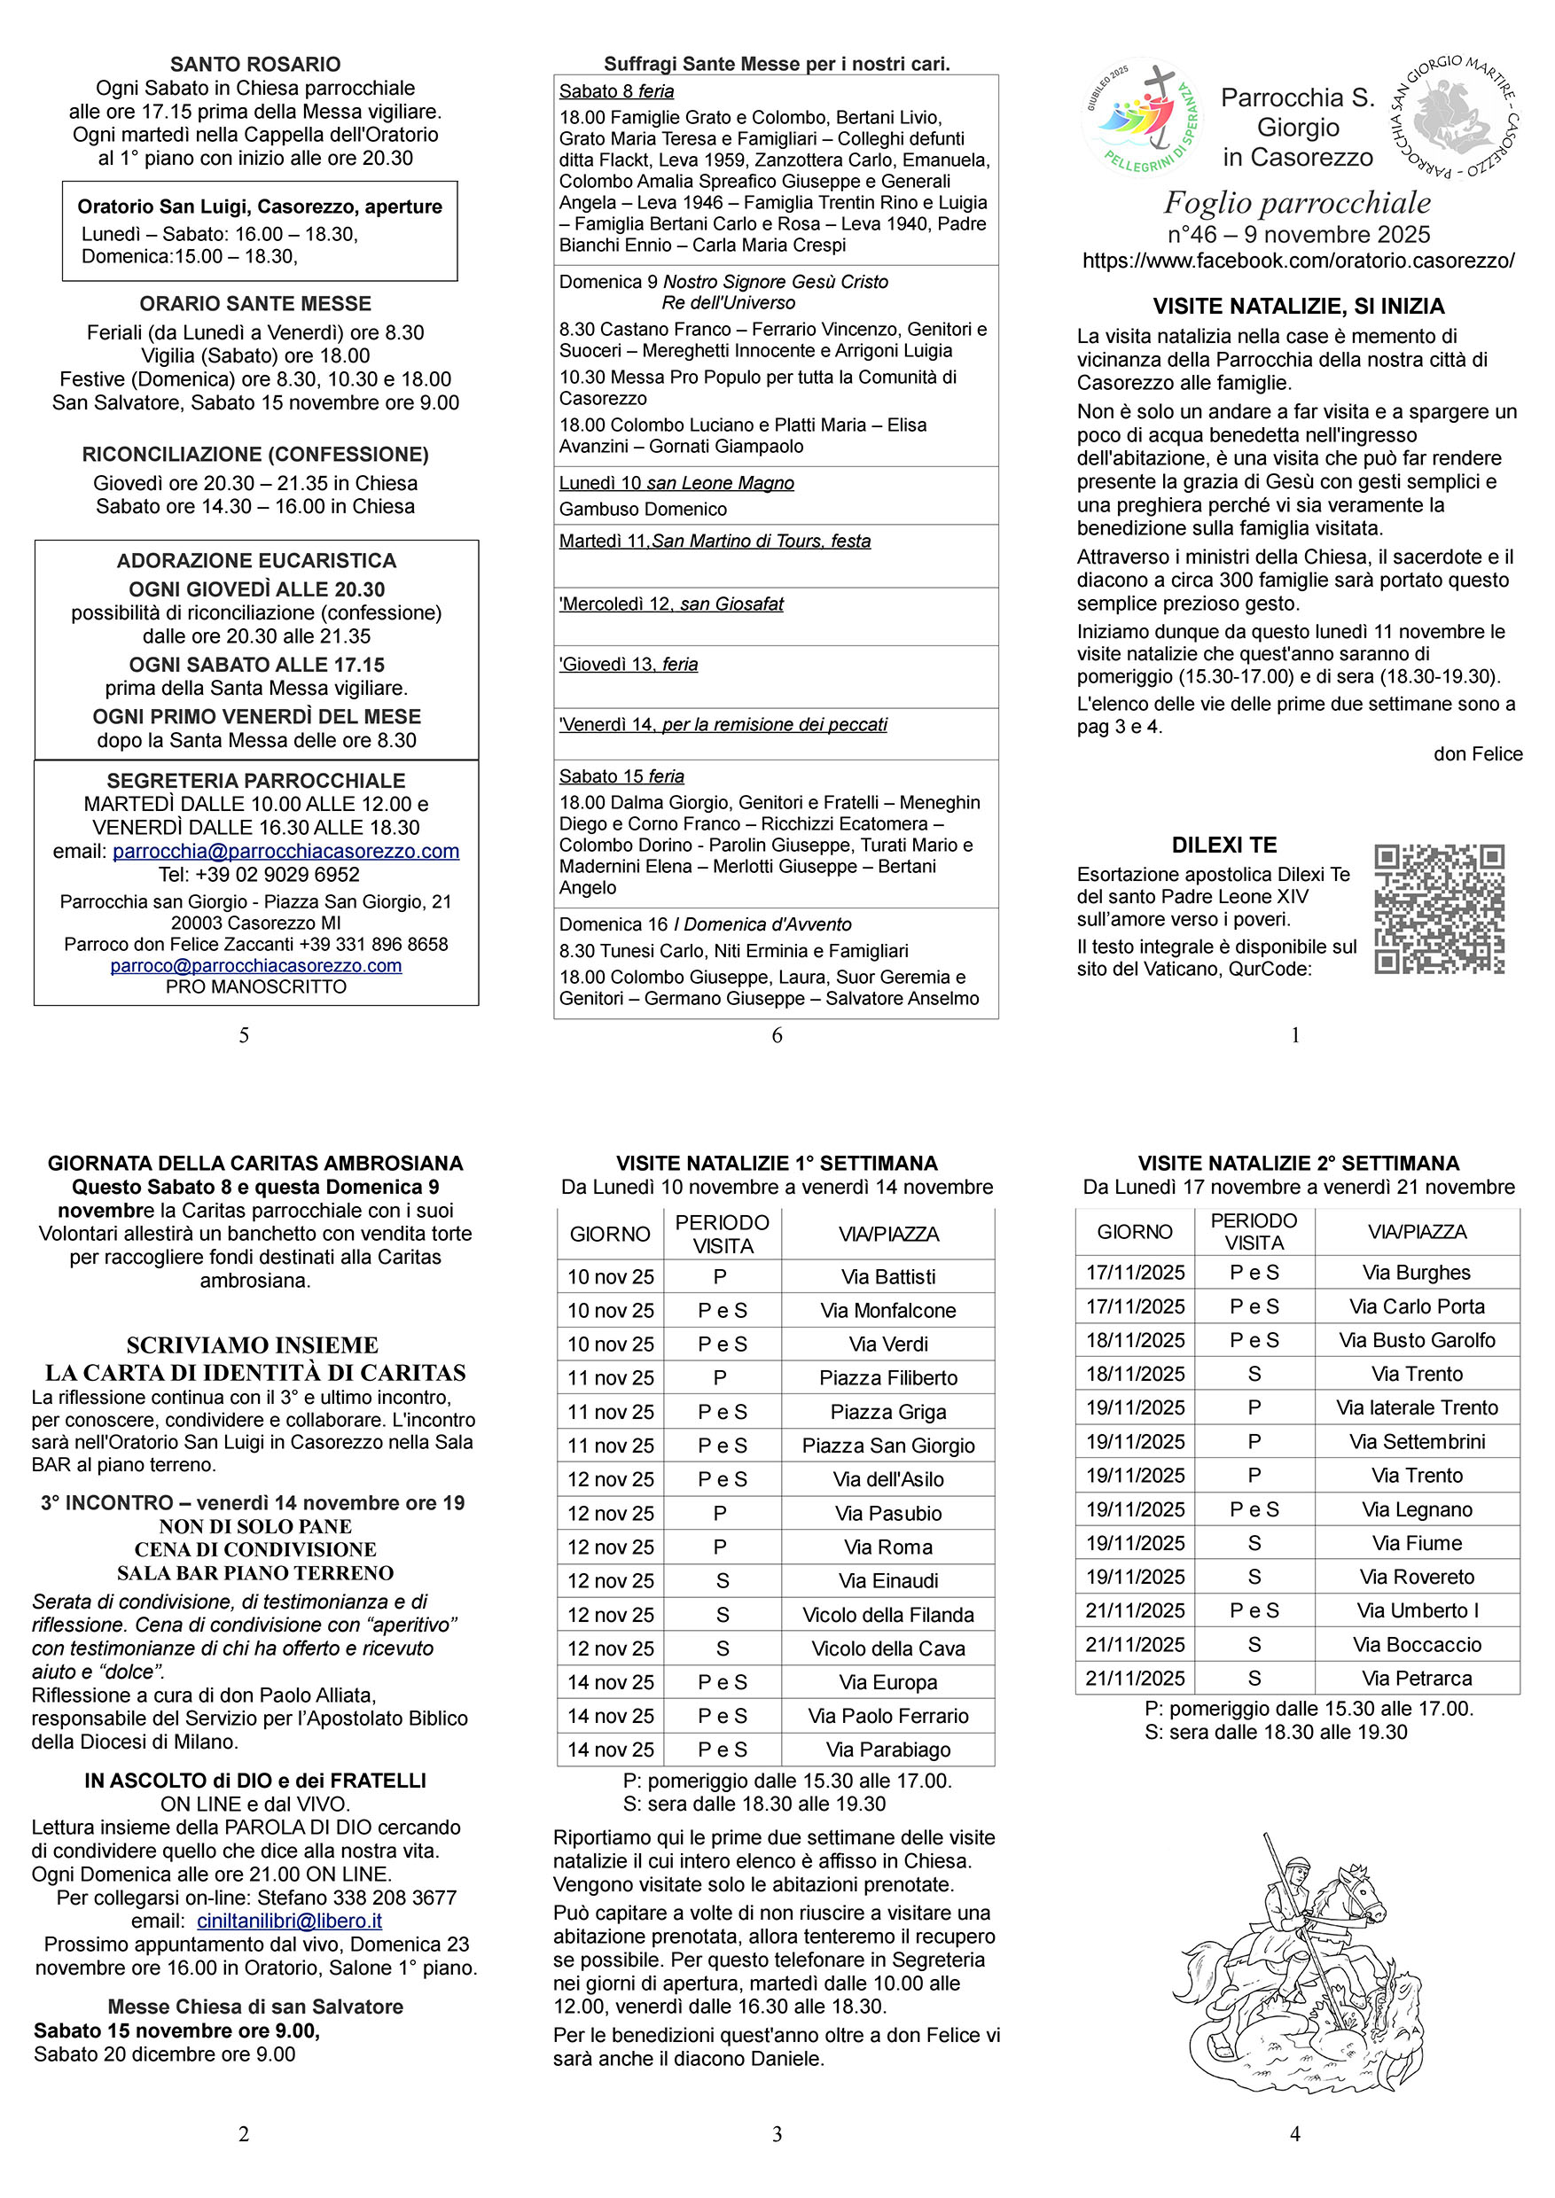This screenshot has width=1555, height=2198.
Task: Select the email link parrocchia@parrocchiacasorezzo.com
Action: [x=285, y=851]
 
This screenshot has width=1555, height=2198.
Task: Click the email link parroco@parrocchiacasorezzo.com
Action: [x=255, y=966]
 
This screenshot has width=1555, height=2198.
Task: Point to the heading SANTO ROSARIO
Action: [x=254, y=64]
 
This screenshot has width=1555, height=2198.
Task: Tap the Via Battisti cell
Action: [x=887, y=1276]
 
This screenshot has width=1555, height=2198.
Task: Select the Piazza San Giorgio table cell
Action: [x=887, y=1446]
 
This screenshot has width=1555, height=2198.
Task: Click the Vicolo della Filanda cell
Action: [x=887, y=1615]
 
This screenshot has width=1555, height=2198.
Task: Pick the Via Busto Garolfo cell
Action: [x=1416, y=1340]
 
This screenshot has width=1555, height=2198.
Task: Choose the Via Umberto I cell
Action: [x=1416, y=1610]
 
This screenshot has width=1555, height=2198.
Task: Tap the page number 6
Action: [x=777, y=1035]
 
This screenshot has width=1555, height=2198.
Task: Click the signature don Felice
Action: [x=1478, y=754]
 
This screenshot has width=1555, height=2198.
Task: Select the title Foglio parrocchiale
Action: [x=1296, y=203]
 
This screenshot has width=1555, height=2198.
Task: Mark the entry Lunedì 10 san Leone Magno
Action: [x=676, y=483]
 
